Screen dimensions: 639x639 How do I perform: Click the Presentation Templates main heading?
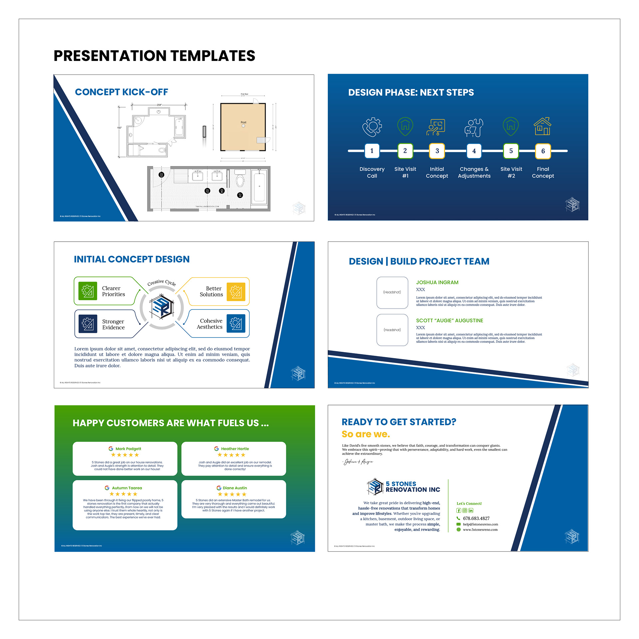pos(154,56)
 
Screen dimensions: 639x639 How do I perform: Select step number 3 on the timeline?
pos(437,151)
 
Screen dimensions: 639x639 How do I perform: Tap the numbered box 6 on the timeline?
pos(543,151)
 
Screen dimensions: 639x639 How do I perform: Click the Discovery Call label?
pos(372,172)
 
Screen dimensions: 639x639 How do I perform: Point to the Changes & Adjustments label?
pos(474,172)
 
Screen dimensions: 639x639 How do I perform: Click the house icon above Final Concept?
pos(542,126)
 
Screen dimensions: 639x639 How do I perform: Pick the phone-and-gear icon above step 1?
pos(372,127)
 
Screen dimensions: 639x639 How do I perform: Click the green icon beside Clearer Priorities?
pos(88,291)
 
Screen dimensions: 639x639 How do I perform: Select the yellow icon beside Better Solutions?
pos(236,292)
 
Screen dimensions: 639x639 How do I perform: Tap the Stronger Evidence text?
pos(113,324)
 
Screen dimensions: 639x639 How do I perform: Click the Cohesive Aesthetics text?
pos(210,324)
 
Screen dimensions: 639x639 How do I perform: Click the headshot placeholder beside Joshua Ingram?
pos(392,293)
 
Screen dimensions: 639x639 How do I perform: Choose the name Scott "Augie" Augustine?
pos(449,320)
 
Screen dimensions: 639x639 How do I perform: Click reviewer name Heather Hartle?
pos(235,449)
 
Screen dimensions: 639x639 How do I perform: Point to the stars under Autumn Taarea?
pos(123,494)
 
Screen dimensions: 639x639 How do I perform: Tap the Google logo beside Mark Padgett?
pos(111,449)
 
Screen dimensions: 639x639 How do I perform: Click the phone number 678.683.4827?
pos(476,519)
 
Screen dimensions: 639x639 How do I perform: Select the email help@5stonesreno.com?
pos(480,524)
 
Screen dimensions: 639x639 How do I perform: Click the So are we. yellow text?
pos(365,434)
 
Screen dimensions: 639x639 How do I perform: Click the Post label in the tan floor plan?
pos(243,122)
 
